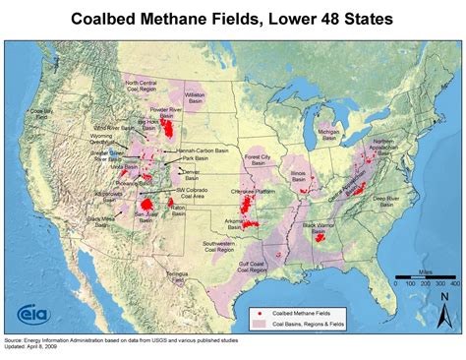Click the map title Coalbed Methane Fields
click(233, 19)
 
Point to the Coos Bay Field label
click(40, 114)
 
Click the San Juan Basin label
click(146, 215)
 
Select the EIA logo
click(30, 315)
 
